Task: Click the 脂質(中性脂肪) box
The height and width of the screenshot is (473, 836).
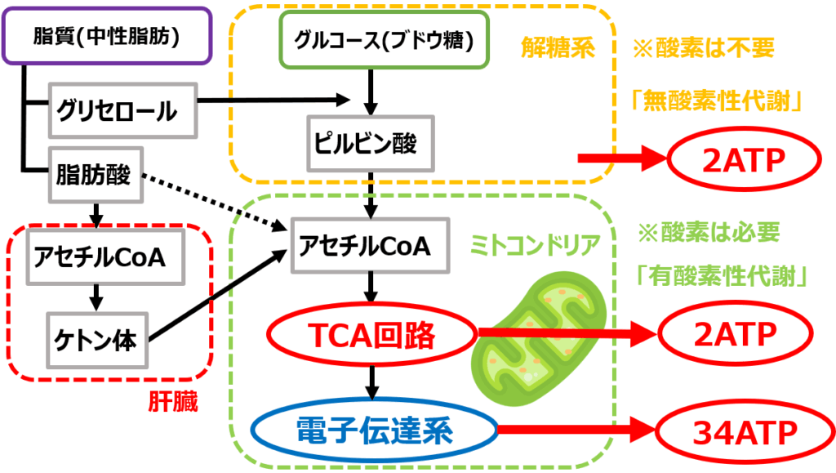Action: pos(107,37)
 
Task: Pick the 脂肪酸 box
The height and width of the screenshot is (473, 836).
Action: pos(96,175)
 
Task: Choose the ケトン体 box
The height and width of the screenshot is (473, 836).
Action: pos(97,337)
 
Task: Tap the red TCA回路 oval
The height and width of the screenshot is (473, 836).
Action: pos(372,334)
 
